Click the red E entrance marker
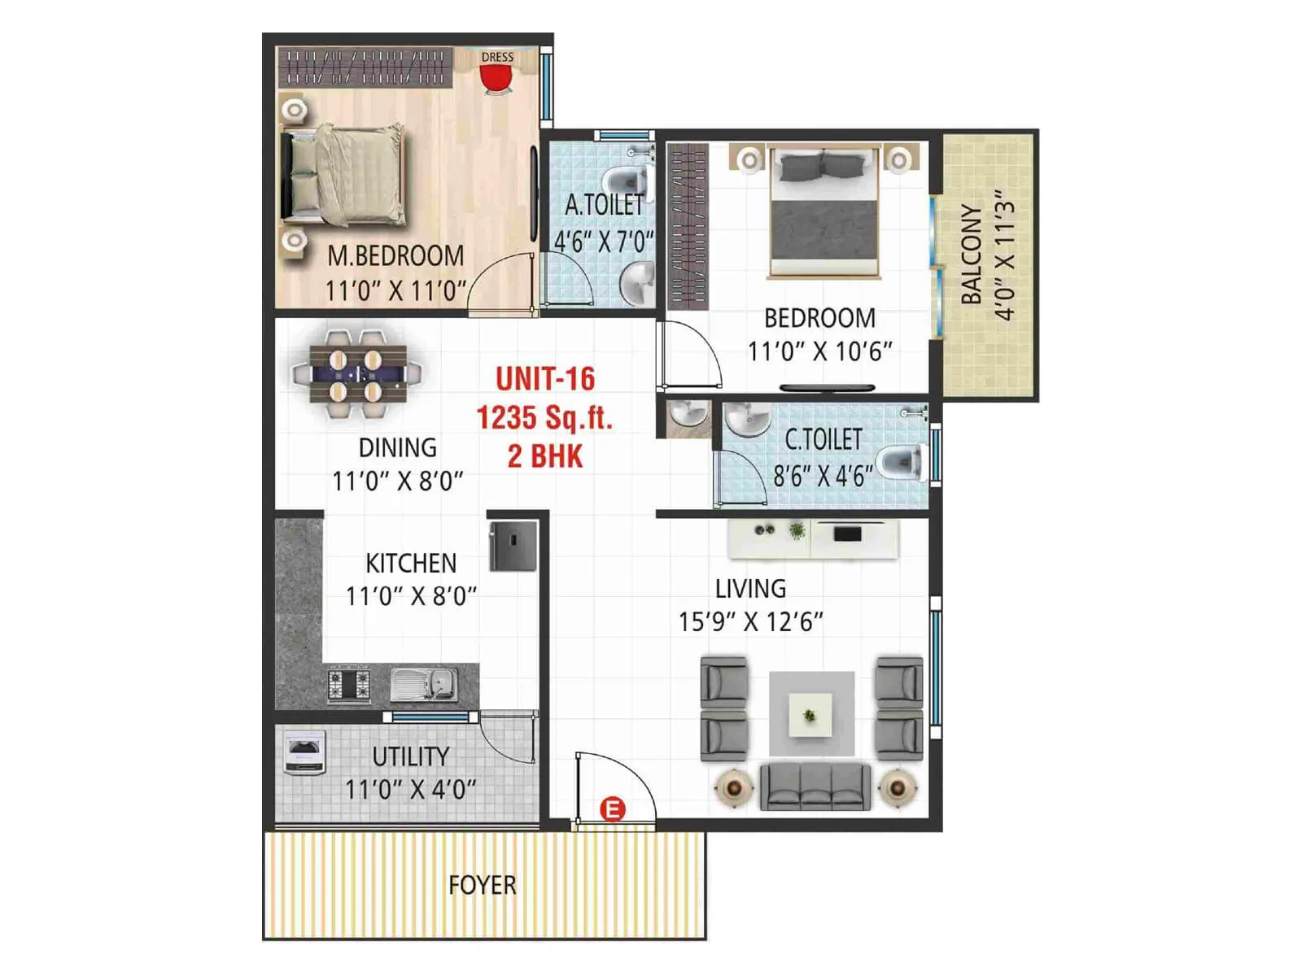point(612,809)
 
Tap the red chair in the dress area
point(496,79)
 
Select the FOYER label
point(482,885)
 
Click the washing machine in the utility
point(304,753)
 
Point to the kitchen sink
point(423,683)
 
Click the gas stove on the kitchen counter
point(349,684)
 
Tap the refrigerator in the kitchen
point(513,546)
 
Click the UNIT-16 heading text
point(544,379)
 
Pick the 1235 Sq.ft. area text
point(544,418)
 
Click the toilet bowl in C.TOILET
point(903,463)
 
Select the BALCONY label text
point(971,255)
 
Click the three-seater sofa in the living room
point(815,786)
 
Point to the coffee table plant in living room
point(810,715)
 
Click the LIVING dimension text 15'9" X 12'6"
point(750,622)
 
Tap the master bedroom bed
point(346,175)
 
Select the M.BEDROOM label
point(395,256)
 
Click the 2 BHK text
point(544,456)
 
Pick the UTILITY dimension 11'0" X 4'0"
point(410,789)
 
